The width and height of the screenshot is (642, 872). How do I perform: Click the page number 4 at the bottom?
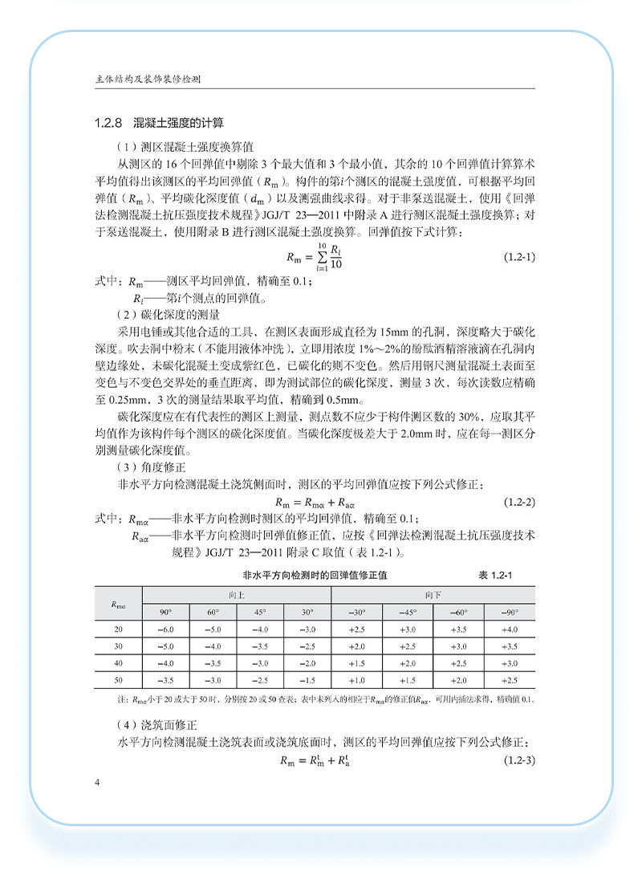(x=96, y=783)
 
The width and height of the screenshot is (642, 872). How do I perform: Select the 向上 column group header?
(x=237, y=595)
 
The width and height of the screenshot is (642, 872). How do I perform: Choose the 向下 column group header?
(x=434, y=595)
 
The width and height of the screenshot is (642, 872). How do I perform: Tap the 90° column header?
(x=166, y=613)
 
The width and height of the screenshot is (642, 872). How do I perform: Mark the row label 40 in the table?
(x=118, y=664)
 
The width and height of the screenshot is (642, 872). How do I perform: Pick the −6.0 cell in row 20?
(x=166, y=630)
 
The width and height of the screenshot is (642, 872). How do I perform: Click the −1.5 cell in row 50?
(x=307, y=681)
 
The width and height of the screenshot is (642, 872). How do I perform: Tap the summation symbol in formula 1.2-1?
(x=321, y=258)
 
